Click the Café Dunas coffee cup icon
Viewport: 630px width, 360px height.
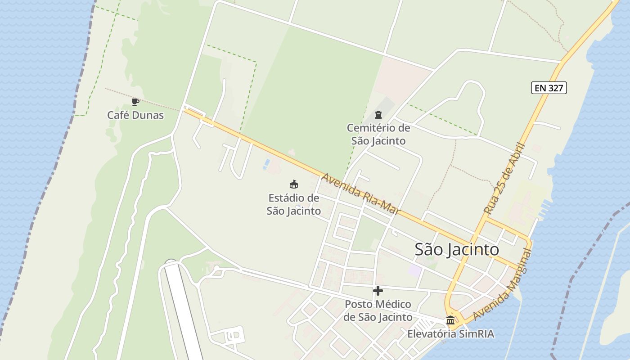(135, 102)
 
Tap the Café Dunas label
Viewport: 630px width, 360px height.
(135, 115)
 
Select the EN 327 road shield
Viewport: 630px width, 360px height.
(549, 88)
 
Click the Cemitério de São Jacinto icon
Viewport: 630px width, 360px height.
(378, 115)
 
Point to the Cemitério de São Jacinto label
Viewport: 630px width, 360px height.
(378, 134)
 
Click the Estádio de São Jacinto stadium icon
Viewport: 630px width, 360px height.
(293, 184)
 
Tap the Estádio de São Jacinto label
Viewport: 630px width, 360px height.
(293, 204)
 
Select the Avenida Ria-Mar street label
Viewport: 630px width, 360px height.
(360, 193)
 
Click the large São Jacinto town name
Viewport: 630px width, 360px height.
(456, 249)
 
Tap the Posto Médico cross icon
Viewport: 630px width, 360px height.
(378, 291)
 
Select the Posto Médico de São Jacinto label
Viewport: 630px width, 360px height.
(378, 310)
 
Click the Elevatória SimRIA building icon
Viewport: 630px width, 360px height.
(450, 320)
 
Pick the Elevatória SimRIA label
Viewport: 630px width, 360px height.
(450, 334)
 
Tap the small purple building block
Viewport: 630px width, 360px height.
(415, 270)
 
